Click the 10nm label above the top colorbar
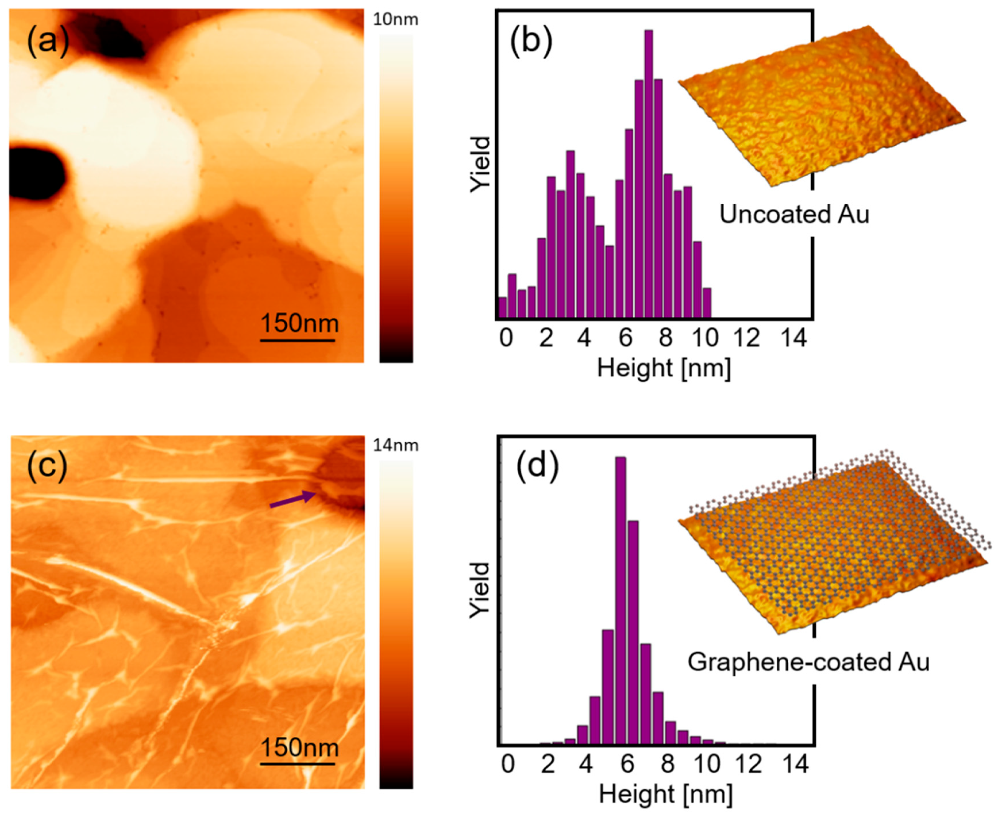(x=395, y=20)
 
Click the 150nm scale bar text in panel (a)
(x=299, y=324)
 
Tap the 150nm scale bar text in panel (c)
(x=299, y=747)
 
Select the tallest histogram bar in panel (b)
(x=649, y=174)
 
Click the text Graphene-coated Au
(x=808, y=662)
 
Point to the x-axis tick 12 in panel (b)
(x=747, y=338)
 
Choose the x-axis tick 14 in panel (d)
(x=795, y=764)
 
